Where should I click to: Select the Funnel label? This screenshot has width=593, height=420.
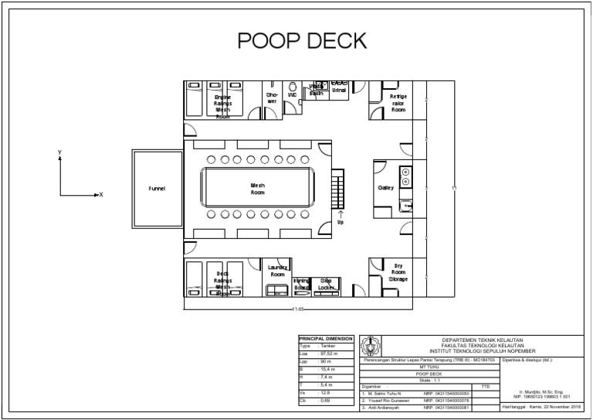[x=157, y=189]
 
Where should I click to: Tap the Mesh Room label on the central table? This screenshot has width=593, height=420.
[x=258, y=189]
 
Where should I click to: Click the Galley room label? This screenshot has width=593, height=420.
[x=385, y=189]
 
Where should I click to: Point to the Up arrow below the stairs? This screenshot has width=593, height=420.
[x=341, y=217]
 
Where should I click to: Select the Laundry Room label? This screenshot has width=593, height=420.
[x=278, y=271]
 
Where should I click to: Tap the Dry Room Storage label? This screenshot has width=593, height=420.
[x=398, y=272]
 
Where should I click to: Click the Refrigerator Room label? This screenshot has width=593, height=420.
[x=398, y=103]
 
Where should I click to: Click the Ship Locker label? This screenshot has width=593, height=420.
[x=326, y=284]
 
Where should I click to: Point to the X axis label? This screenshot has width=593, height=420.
[x=100, y=195]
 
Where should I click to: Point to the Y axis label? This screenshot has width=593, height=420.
[x=59, y=153]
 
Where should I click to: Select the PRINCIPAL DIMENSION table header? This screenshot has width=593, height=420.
[x=325, y=339]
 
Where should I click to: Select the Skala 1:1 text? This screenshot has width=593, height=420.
[x=430, y=378]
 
